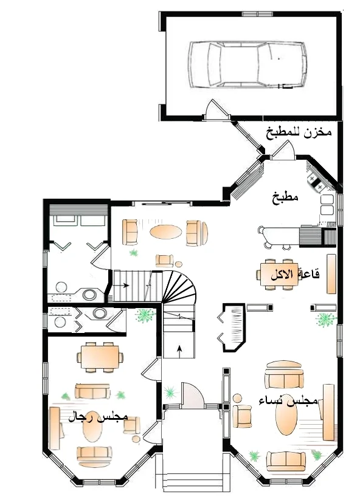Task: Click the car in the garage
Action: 247,64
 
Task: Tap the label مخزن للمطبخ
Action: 299,133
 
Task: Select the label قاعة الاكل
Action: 295,274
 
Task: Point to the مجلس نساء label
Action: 288,400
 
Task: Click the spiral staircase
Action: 179,287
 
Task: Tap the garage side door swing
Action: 216,109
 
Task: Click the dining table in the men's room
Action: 100,357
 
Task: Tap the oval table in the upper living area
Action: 165,231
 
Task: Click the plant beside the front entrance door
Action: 170,392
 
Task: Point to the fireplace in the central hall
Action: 232,327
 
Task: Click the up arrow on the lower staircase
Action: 179,349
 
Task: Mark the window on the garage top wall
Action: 258,14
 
